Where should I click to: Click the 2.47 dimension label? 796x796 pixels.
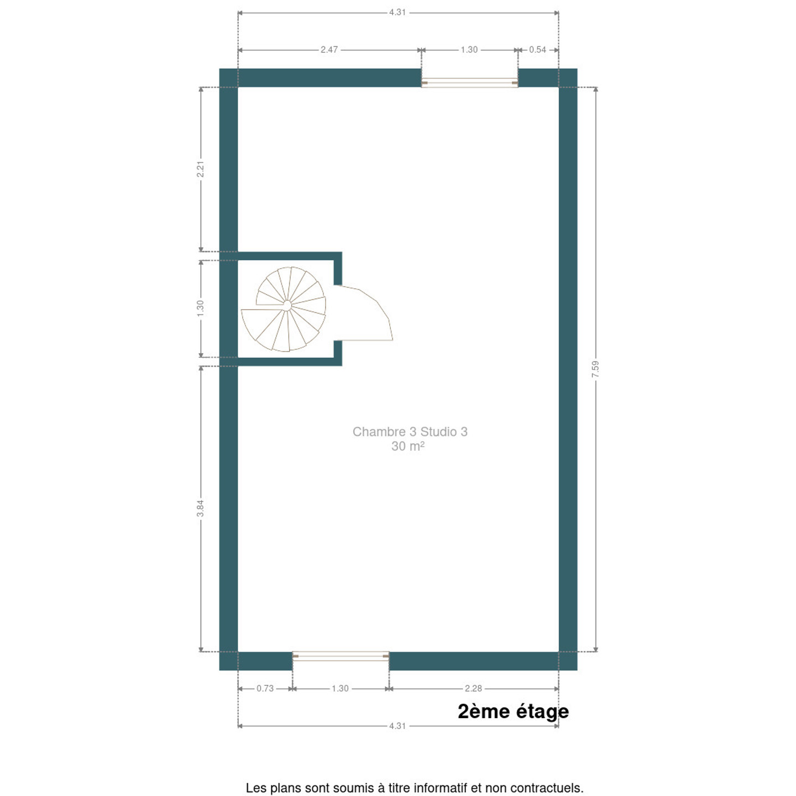(x=329, y=50)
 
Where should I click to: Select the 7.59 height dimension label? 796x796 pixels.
(x=595, y=369)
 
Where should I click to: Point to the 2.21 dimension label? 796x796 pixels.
(x=200, y=169)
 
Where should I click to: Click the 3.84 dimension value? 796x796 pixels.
(x=200, y=508)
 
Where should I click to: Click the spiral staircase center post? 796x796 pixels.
(x=287, y=305)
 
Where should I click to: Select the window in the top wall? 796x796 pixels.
(x=469, y=82)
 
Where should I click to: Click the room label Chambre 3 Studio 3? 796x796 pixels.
(x=410, y=432)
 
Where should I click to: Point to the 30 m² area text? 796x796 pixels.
(x=408, y=446)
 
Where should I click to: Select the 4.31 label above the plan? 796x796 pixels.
(x=397, y=12)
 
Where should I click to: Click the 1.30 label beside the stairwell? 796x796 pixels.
(x=200, y=308)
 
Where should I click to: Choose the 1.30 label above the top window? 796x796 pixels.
(x=469, y=50)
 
